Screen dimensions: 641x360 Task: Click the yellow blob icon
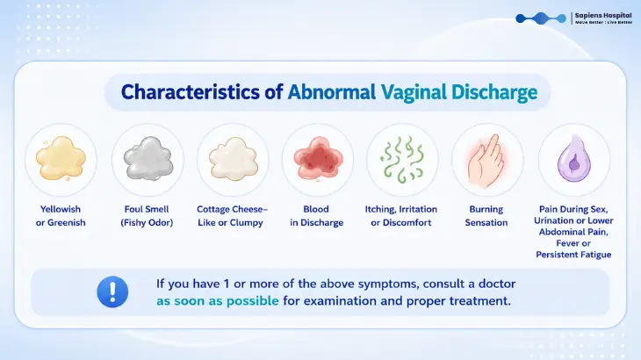[x=61, y=159]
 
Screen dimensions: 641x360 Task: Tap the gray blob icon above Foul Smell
[x=148, y=159]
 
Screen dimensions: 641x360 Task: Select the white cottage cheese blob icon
[x=233, y=159]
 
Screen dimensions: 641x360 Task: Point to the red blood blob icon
[x=318, y=159]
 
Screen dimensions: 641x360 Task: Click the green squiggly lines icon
[x=403, y=159]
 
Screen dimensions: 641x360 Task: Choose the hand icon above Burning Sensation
[x=486, y=161]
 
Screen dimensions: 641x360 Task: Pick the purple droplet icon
[x=574, y=159]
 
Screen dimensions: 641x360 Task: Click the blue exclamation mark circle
[x=112, y=292]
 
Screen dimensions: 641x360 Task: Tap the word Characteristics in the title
[x=190, y=92]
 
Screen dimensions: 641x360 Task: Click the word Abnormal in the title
[x=332, y=92]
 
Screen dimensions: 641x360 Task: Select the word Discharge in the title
[x=494, y=93]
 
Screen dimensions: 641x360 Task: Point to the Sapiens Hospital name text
[x=603, y=16]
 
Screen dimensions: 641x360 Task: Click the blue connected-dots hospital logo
[x=541, y=18]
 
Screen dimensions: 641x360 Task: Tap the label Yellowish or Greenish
[x=61, y=216]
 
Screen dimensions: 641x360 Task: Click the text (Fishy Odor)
[x=147, y=223]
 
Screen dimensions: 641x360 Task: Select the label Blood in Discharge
[x=316, y=216]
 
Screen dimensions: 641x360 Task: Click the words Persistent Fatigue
[x=573, y=255]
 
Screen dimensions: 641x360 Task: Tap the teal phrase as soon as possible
[x=218, y=301]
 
